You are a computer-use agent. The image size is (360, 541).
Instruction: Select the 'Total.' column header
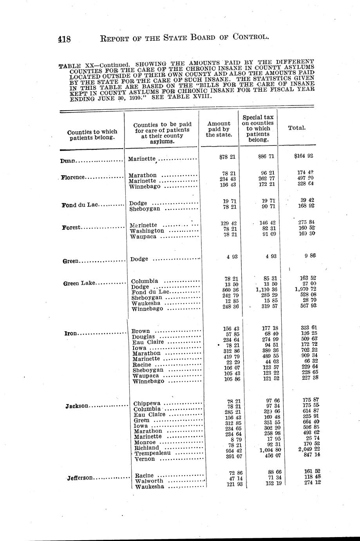[297, 128]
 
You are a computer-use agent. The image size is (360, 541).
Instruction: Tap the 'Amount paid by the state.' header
[219, 129]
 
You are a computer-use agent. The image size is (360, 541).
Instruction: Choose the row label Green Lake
[79, 283]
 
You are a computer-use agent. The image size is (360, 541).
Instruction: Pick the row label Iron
[71, 334]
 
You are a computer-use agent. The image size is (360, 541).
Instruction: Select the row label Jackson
[77, 406]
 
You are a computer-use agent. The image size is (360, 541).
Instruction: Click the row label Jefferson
[80, 478]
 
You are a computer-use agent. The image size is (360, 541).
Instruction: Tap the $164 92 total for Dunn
[303, 156]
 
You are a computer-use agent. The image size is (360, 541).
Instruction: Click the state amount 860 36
[228, 289]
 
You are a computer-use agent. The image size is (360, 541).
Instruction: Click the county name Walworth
[149, 481]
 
